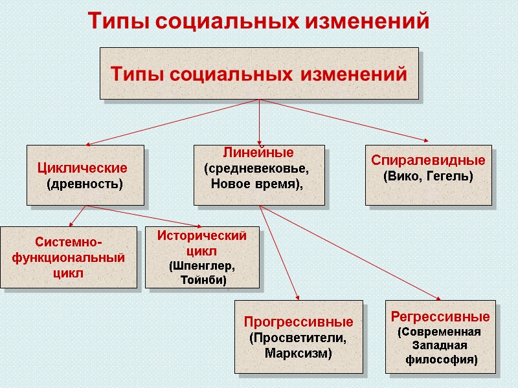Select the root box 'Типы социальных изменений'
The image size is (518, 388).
coord(259,73)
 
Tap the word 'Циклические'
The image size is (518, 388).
coord(82,168)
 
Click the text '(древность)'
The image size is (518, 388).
coord(85,184)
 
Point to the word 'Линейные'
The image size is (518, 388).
coord(258,153)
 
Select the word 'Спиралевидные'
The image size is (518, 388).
coord(428,160)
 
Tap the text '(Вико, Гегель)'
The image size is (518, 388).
coord(428,175)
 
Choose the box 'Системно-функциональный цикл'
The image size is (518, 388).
coord(69,257)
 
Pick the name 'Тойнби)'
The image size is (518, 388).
coord(202,280)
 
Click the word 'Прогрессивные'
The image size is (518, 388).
coord(298,321)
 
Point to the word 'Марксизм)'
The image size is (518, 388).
coord(298,353)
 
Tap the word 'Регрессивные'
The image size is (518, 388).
coord(440,317)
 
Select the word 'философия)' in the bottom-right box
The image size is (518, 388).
coord(441,359)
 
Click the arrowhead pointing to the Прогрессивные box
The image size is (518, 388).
coord(297,298)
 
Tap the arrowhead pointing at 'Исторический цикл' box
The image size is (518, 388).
coord(179,225)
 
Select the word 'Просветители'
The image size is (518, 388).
coord(298,338)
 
